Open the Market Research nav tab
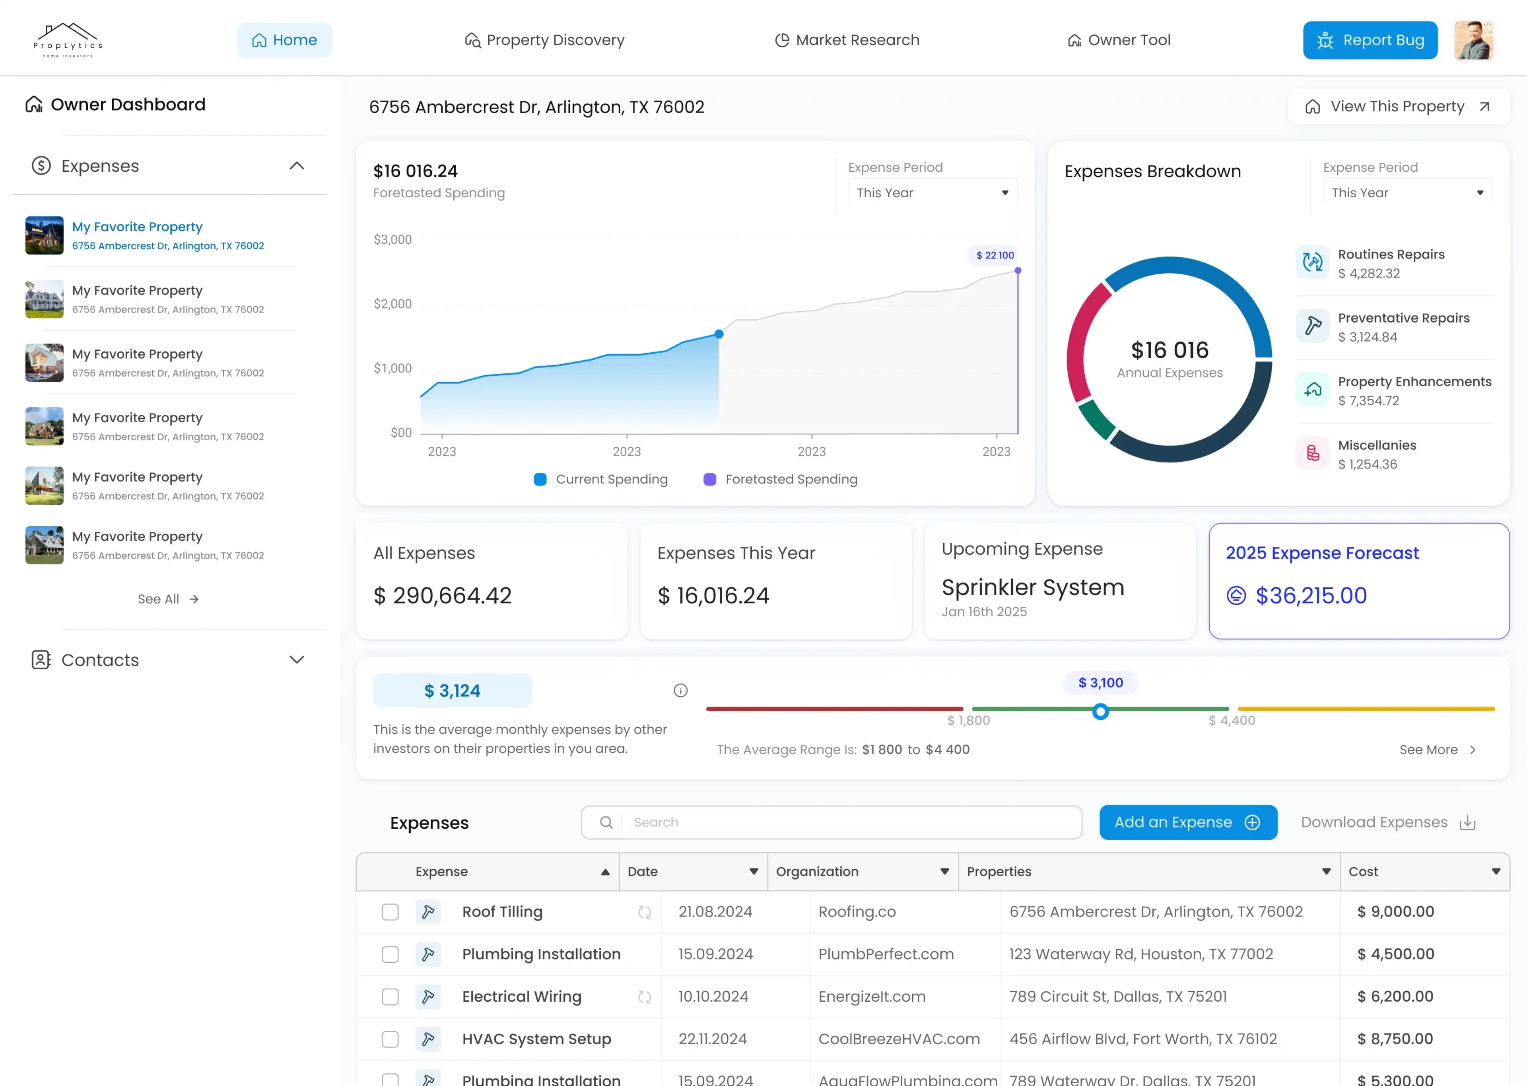[847, 40]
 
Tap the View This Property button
[1397, 106]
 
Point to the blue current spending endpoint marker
[719, 334]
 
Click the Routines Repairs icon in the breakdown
[1312, 262]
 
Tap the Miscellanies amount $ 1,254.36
[1367, 464]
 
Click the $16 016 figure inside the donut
[1170, 350]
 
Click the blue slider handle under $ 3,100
[1100, 711]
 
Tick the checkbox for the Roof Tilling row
[390, 911]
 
